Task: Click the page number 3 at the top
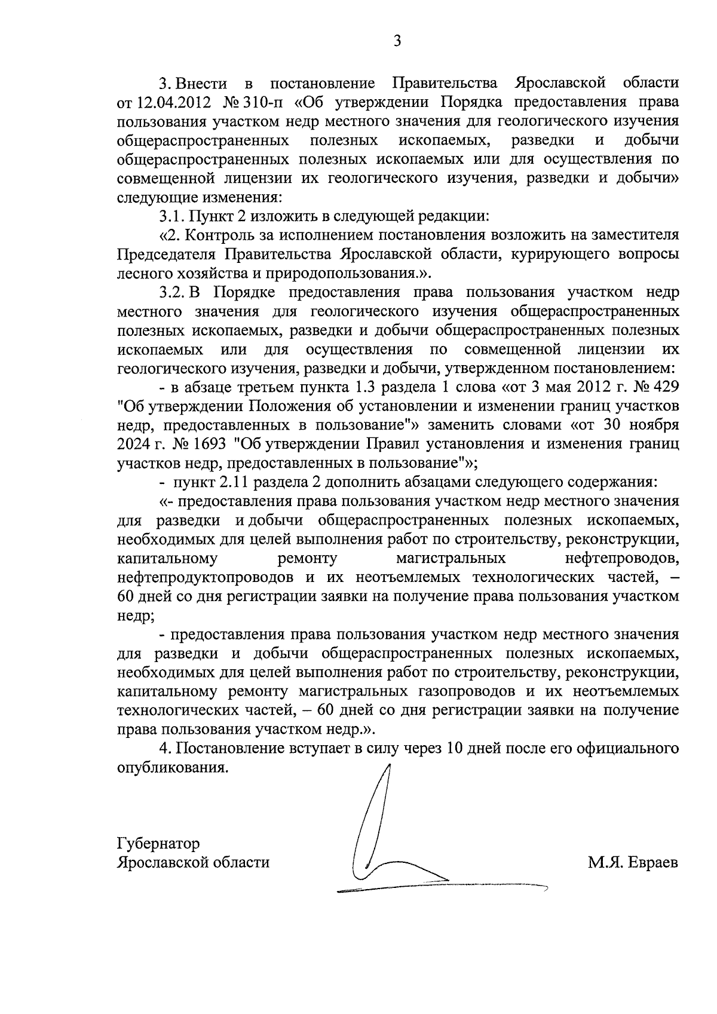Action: [x=398, y=41]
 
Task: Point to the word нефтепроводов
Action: [x=621, y=559]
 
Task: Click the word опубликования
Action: [x=173, y=767]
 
